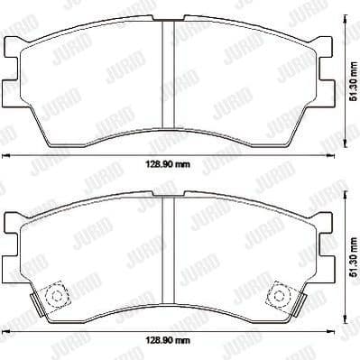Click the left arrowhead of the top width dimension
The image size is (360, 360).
click(5, 157)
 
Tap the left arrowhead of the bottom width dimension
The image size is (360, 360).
click(5, 332)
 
